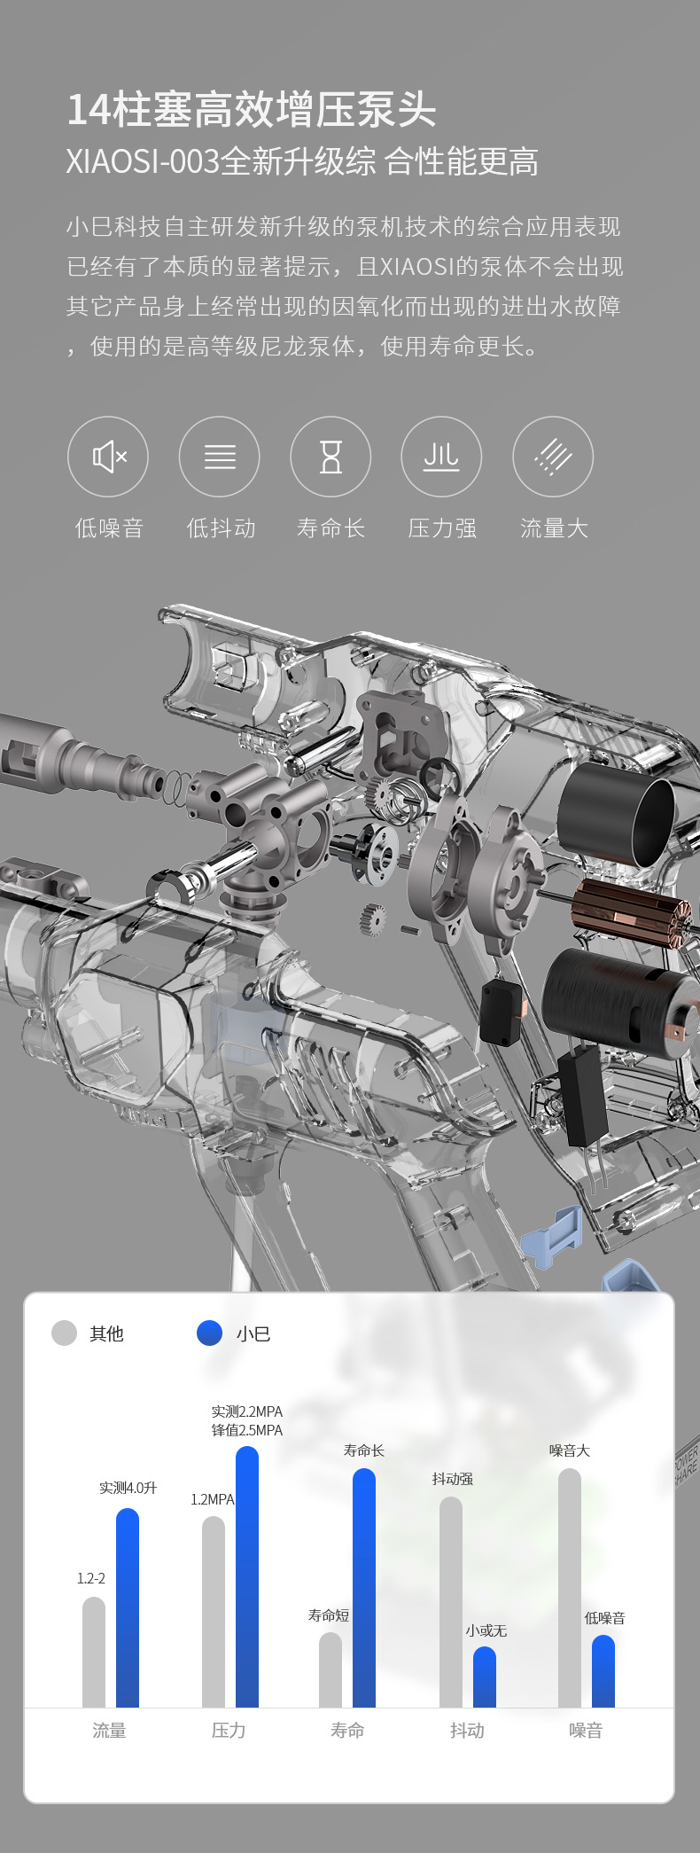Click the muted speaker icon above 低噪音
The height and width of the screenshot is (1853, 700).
coord(108,457)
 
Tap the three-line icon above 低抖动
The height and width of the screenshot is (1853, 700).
coord(220,457)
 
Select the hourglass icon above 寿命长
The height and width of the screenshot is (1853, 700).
coord(331,457)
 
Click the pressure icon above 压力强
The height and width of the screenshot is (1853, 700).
coord(441,457)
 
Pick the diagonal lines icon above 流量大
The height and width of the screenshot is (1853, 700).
coord(553,457)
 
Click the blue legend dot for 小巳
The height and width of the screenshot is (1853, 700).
coord(209,1333)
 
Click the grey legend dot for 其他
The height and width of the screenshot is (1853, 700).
coord(64,1333)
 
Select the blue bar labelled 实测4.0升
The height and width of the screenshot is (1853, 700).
coord(128,1607)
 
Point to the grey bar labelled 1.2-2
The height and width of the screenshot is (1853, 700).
coord(94,1652)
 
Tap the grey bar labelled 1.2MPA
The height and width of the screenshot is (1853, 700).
coord(214,1612)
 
